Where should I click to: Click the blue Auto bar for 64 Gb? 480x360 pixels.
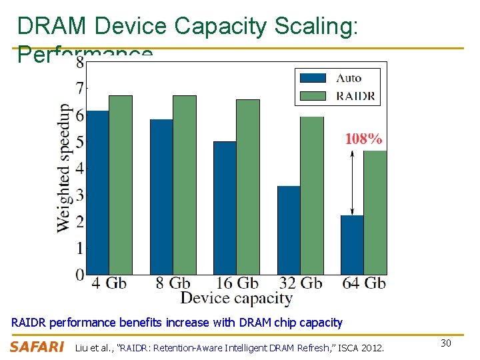351,245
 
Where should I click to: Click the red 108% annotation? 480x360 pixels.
363,139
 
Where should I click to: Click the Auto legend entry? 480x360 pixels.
337,78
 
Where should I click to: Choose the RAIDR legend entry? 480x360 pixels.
337,95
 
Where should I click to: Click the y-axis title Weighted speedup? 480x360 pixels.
64,167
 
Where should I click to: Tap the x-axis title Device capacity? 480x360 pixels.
236,298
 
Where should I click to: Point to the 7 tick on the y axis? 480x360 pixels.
80,88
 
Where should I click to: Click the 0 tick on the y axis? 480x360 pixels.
80,274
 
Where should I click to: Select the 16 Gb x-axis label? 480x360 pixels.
236,283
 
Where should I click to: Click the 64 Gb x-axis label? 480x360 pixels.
364,283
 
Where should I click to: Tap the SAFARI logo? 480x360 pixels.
37,347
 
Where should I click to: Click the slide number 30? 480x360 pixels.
447,343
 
